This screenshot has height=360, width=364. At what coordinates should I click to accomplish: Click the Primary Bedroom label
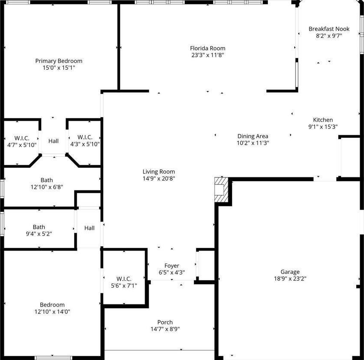tap(59, 61)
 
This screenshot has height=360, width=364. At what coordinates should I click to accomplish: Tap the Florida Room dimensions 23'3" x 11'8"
tap(208, 55)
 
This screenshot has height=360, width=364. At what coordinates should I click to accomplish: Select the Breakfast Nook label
tap(329, 29)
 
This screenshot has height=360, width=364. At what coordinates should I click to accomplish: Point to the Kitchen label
tap(323, 120)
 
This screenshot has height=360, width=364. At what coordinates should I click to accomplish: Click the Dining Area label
tap(252, 136)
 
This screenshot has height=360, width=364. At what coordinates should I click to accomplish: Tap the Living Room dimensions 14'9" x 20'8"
tap(159, 178)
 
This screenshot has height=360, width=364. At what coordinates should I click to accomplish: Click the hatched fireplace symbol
tap(221, 190)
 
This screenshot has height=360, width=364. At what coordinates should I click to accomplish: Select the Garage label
tap(290, 272)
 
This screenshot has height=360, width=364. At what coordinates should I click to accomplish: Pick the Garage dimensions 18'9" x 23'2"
tap(290, 279)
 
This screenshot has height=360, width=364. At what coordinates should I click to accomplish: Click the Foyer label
tap(172, 266)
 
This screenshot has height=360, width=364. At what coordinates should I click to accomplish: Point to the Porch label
tap(165, 322)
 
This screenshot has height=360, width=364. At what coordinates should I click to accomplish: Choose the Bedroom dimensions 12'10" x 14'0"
tap(52, 311)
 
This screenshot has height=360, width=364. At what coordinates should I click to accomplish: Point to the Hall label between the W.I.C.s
tap(53, 141)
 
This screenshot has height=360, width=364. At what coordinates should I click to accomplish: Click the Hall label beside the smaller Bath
tap(89, 228)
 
